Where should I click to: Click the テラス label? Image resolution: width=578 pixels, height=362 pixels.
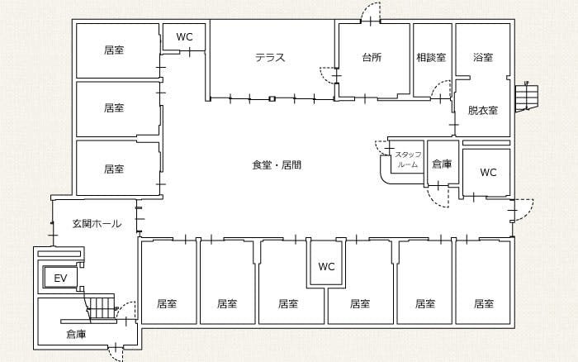[x=270, y=58]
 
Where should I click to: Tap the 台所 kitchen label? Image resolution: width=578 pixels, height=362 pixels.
[x=372, y=58]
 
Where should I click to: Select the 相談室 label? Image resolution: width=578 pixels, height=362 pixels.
[x=431, y=58]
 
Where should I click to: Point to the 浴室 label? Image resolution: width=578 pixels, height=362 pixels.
[x=483, y=58]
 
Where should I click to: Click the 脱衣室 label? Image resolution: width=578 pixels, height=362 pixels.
[x=483, y=110]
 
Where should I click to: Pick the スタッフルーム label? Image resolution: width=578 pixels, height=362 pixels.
[x=408, y=160]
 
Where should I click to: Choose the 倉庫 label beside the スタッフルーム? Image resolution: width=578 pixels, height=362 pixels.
[x=443, y=164]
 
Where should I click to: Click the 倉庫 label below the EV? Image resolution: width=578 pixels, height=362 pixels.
[x=76, y=335]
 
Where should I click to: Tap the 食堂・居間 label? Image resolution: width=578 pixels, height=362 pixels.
[x=277, y=165]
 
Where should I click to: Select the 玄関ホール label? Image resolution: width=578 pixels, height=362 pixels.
[x=97, y=224]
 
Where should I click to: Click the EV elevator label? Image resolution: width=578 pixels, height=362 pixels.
[x=59, y=279]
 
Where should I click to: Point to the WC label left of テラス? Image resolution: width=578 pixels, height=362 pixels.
[x=184, y=37]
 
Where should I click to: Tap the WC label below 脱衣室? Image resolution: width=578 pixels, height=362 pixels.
[x=488, y=173]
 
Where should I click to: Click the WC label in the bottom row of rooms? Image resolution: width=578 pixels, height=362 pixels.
[x=326, y=266]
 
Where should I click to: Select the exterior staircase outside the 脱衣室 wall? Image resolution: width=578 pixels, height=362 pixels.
[x=525, y=98]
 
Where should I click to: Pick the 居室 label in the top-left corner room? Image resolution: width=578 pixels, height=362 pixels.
[x=114, y=50]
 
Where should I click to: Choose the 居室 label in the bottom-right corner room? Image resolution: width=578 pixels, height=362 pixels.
[x=484, y=303]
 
